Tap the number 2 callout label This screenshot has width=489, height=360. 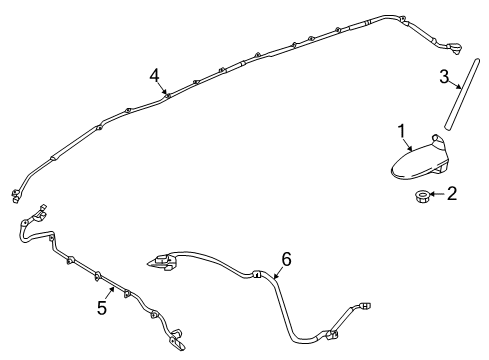coord(452,193)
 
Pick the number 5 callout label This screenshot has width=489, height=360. coord(102,308)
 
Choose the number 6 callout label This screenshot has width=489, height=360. coord(286,259)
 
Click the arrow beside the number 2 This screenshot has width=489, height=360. coord(435,194)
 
